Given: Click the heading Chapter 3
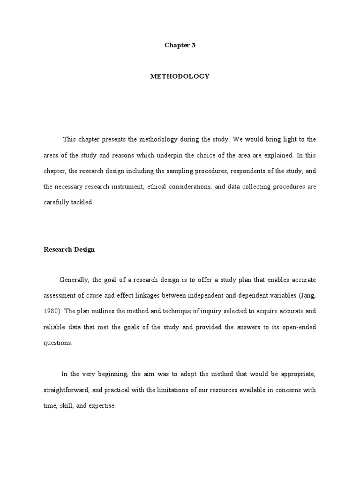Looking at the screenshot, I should pos(180,45).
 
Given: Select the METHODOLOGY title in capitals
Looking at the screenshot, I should pos(180,76).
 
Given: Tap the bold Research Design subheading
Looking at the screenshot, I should pos(69,249).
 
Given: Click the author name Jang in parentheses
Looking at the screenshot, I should pos(304,296).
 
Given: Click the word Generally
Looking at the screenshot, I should pos(74,280).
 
